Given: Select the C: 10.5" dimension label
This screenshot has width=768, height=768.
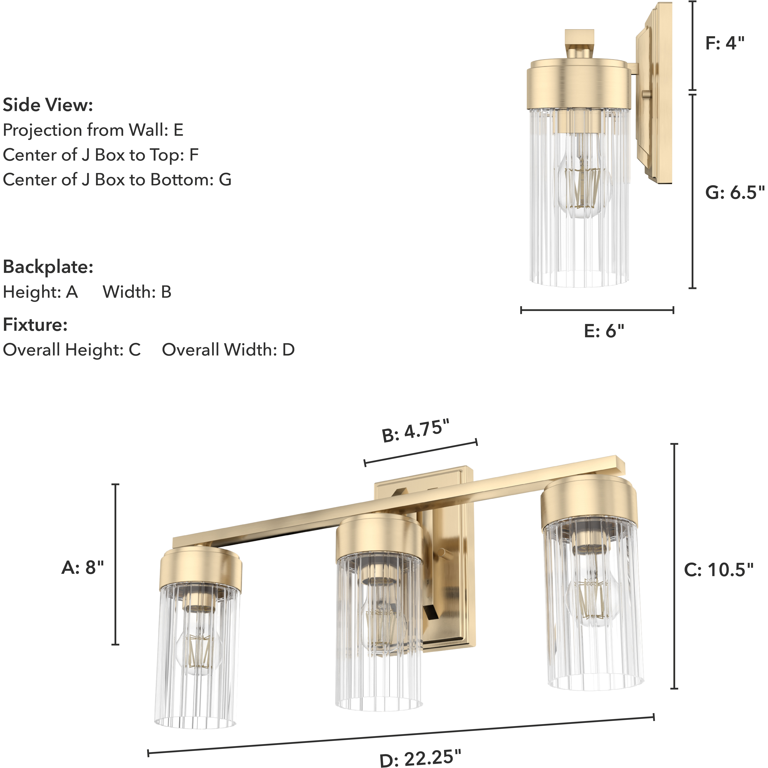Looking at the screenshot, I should [719, 570].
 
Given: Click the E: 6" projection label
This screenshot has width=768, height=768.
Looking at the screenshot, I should [604, 331].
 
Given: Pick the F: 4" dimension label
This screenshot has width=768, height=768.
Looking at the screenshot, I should [725, 43].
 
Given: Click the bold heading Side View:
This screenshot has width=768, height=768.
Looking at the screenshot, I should [48, 105].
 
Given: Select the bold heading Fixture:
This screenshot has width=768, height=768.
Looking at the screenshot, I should [35, 325].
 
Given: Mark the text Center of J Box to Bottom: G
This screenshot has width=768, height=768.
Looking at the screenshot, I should [117, 180].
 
